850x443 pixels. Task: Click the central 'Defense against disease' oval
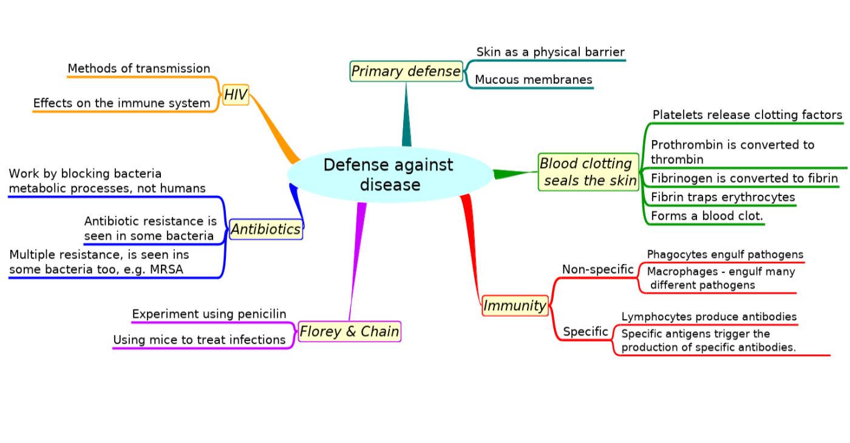390,175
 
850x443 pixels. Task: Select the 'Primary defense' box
406,71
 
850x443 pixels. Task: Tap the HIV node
236,95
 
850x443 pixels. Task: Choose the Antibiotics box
266,229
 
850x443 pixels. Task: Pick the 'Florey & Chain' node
350,331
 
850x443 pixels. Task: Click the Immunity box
515,305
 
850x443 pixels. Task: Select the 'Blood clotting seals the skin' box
588,172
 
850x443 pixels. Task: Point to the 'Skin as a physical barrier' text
550,52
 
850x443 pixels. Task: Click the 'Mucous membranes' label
534,79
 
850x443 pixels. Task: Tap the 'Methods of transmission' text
139,68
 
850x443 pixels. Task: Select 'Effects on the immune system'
121,103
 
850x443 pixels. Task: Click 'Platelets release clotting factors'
747,115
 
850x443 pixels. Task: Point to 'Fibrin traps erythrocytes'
723,197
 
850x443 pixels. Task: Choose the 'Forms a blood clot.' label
707,216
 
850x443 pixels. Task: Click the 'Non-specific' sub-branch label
597,269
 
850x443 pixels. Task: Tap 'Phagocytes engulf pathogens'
725,254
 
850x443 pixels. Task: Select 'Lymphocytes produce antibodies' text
709,317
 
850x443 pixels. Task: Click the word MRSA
166,269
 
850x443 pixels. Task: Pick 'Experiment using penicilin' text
209,314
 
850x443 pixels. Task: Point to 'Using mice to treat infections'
199,340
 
